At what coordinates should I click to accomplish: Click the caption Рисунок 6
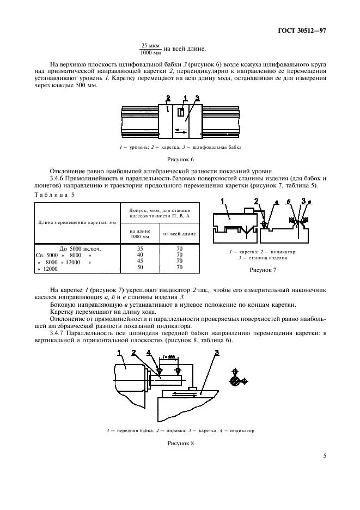[x=180, y=160]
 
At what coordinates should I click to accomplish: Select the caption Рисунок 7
[x=264, y=269]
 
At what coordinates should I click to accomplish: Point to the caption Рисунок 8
[x=180, y=443]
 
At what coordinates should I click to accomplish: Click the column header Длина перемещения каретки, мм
[x=77, y=222]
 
